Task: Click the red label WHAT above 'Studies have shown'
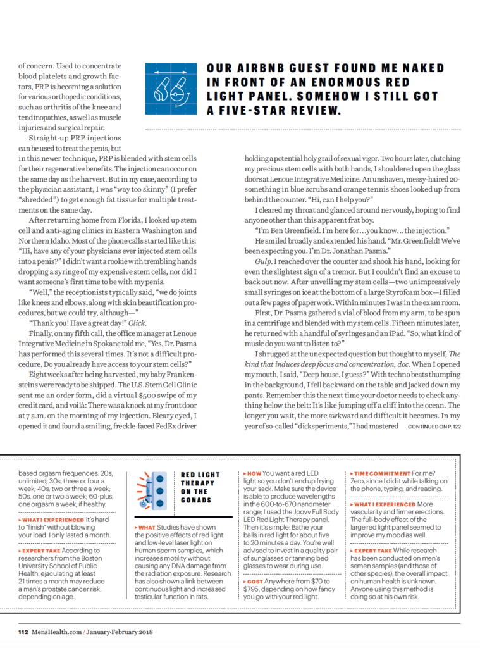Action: pos(147,526)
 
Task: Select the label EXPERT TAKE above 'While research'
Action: pos(378,551)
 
